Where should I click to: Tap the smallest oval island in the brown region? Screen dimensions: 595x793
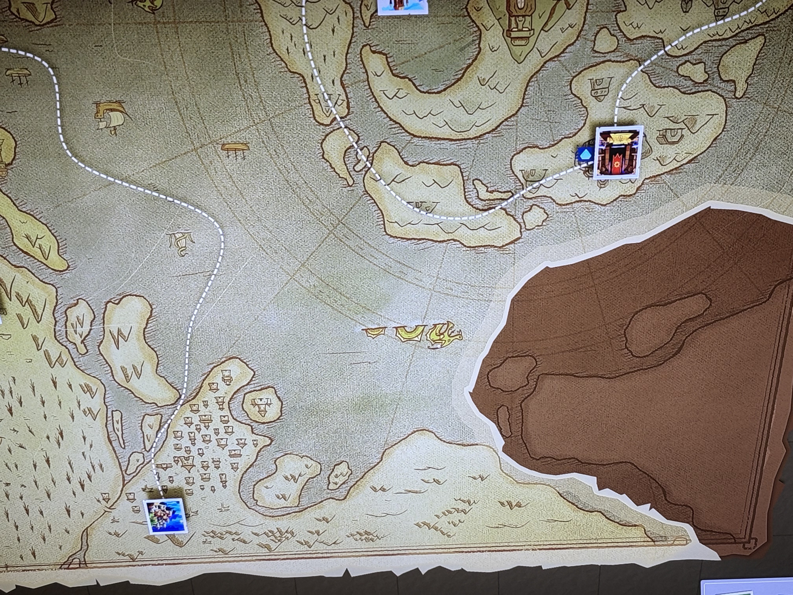504,420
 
